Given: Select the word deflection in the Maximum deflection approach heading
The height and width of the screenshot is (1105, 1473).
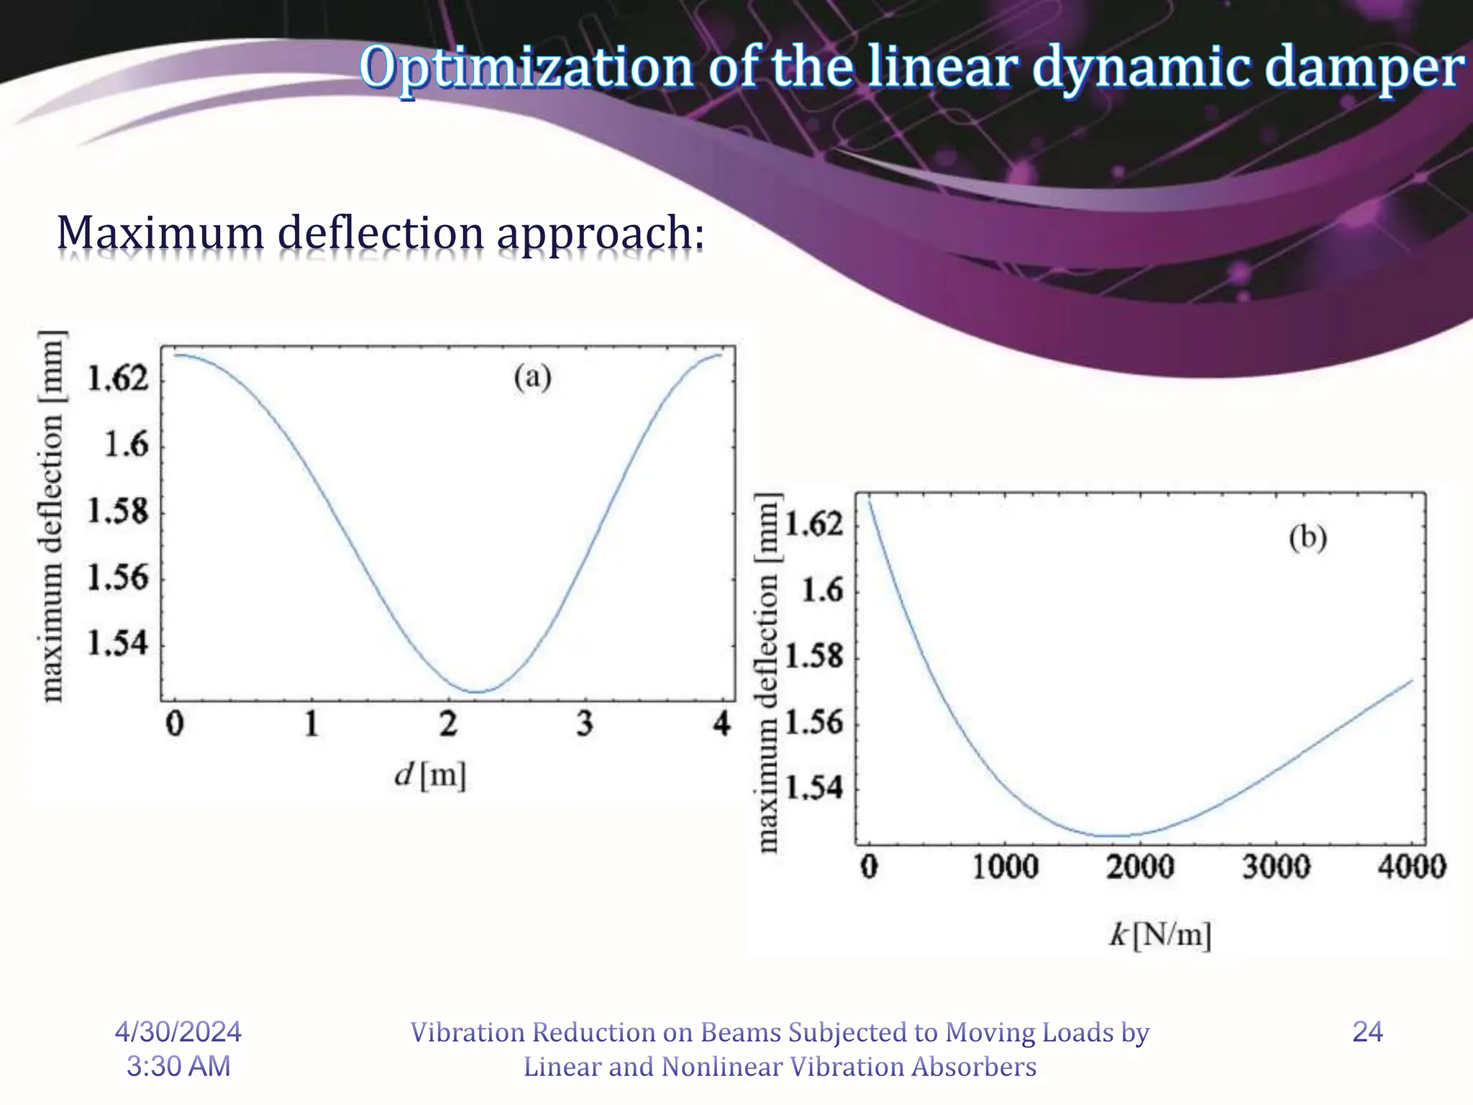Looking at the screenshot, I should point(380,234).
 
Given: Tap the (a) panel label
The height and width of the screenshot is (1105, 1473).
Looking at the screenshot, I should point(532,377).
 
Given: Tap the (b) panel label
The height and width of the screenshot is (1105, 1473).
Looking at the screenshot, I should point(1307,538).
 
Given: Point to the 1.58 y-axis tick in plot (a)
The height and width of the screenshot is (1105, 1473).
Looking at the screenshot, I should point(118,511).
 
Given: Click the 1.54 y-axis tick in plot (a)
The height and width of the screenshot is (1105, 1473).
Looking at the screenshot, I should point(118,642).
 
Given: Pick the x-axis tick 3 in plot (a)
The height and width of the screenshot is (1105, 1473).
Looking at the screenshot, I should point(585,723).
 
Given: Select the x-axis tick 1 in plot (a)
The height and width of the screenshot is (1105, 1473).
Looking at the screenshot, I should point(311,723).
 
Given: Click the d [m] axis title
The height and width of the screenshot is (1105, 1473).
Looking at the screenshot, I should point(430,776).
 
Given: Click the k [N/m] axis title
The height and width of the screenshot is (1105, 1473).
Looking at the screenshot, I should point(1160,935).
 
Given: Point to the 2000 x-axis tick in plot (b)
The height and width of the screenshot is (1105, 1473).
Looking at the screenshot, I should point(1140,866).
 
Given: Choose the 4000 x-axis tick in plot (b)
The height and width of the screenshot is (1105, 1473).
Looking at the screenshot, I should point(1411,866).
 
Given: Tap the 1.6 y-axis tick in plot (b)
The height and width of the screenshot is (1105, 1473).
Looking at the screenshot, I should point(822,591).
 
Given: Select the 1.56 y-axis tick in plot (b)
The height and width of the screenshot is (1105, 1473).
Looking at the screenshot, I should point(813,722).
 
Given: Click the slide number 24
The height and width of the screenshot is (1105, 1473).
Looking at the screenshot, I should point(1367,1032).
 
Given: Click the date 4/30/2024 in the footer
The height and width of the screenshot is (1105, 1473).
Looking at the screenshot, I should point(178,1032).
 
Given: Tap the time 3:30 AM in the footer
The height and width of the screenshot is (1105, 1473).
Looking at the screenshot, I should point(178,1066).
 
